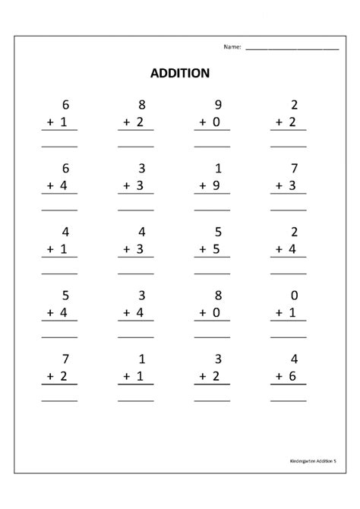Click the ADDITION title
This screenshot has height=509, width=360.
180,74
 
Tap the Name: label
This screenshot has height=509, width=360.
232,47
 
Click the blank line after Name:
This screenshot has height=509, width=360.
292,49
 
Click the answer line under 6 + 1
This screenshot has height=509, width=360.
59,145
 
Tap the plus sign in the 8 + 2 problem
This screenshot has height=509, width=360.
123,122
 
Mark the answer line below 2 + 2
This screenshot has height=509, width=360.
289,145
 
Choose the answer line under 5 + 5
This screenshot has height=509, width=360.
212,272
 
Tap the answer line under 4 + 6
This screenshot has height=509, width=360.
289,400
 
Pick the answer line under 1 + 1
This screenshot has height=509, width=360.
135,400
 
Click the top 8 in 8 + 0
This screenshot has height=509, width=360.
218,296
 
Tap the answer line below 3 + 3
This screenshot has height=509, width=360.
135,208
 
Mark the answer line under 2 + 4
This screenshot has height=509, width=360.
289,272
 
